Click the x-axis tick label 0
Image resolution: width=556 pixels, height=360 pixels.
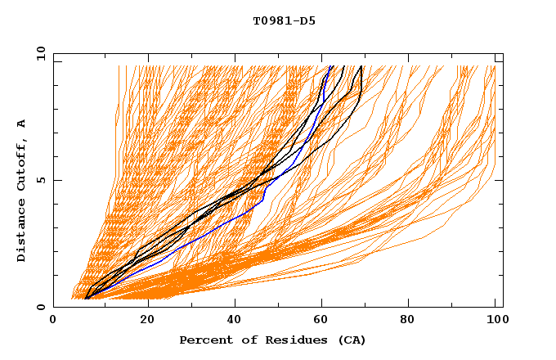[53, 322]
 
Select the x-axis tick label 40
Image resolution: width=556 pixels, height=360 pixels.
[234, 322]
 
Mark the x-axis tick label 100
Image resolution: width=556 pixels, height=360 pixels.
[495, 322]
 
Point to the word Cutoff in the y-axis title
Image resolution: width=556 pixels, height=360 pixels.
[22, 163]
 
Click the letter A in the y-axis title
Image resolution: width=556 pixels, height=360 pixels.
[22, 123]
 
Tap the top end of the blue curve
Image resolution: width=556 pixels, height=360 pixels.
[330, 66]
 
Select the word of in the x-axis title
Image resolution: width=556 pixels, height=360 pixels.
[244, 340]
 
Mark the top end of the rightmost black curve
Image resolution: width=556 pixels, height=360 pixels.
[361, 66]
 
